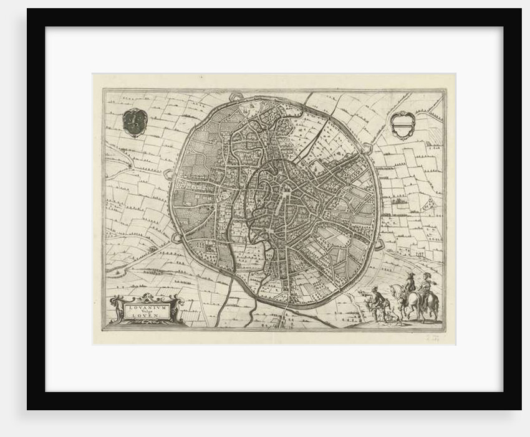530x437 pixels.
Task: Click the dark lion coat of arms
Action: [x=133, y=121]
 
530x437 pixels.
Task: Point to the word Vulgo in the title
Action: [x=144, y=311]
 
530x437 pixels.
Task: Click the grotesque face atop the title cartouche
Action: [x=145, y=297]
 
